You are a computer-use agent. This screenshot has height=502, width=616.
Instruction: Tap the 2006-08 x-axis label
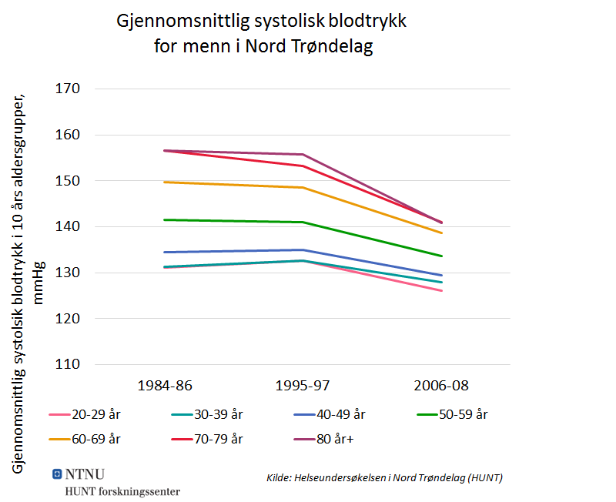tap(440, 385)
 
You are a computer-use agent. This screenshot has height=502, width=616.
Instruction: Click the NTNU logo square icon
tap(57, 474)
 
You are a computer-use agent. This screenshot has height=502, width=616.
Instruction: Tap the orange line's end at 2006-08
tap(441, 233)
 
